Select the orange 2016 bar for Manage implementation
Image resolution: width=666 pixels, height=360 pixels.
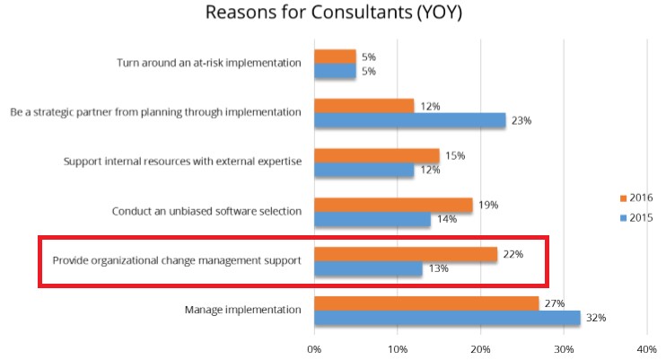tap(426, 303)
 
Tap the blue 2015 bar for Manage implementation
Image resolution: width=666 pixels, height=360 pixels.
tap(447, 318)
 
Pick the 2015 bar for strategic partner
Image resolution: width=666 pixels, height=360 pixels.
tap(409, 119)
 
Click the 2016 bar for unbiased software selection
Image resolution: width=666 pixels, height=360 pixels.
tap(393, 205)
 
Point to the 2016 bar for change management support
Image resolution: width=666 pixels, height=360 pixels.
tap(406, 254)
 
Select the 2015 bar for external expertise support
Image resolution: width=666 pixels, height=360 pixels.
tap(364, 170)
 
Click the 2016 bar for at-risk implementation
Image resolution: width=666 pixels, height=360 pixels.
tap(335, 57)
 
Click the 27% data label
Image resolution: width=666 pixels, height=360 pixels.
tap(553, 303)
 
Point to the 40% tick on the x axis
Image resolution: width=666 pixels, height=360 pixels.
tap(646, 347)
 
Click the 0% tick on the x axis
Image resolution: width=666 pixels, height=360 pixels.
tap(314, 347)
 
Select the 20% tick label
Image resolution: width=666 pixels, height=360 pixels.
tap(480, 347)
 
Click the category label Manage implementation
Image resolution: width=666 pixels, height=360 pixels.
tap(243, 311)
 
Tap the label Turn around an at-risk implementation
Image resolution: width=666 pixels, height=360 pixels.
tap(209, 64)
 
